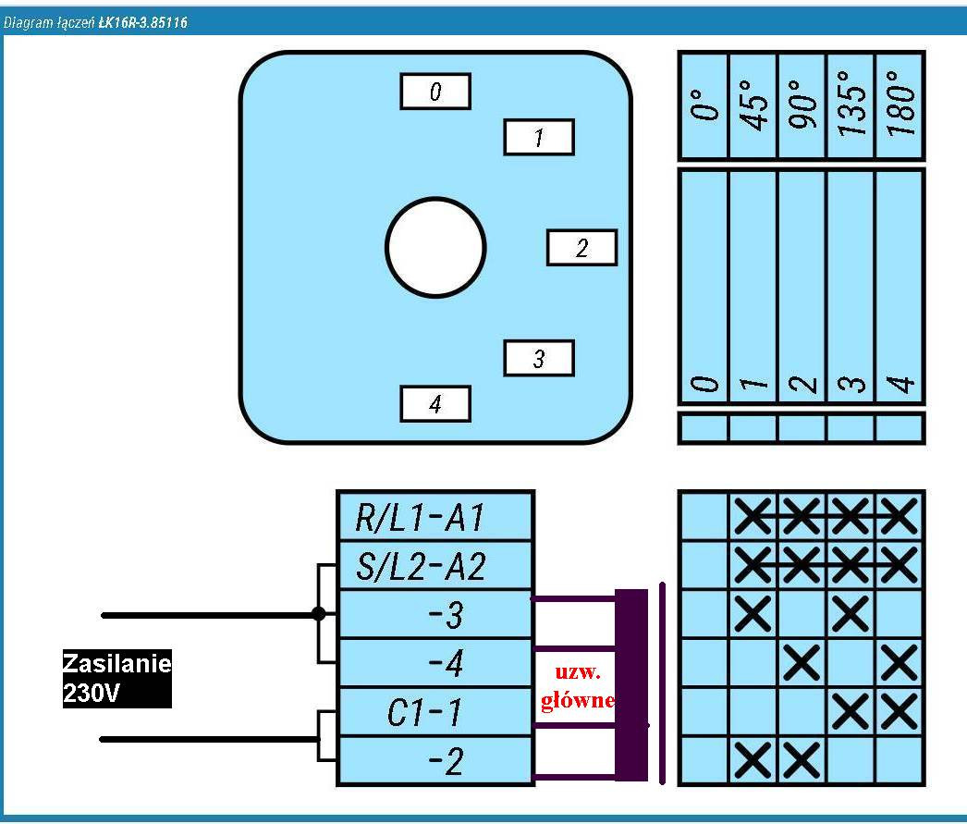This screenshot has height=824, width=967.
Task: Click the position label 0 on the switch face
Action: pos(435,92)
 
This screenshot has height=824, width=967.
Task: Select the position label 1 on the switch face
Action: pos(538,138)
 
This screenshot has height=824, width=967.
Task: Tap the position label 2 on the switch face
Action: pos(581,248)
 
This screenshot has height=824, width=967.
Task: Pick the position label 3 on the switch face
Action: pos(538,358)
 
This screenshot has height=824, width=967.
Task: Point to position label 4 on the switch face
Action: pos(435,403)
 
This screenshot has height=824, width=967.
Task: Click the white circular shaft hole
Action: pos(435,248)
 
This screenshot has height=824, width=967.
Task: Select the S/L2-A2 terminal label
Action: pos(435,565)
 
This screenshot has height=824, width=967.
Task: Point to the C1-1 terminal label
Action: pos(435,713)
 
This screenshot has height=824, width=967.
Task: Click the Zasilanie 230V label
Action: pos(116,678)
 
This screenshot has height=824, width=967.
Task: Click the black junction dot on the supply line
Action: pos(319,613)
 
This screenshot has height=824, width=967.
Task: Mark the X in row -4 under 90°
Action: pos(802,663)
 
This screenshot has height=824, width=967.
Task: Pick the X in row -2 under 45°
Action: pos(753,761)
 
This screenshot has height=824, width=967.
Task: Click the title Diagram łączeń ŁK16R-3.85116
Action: pos(96,22)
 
